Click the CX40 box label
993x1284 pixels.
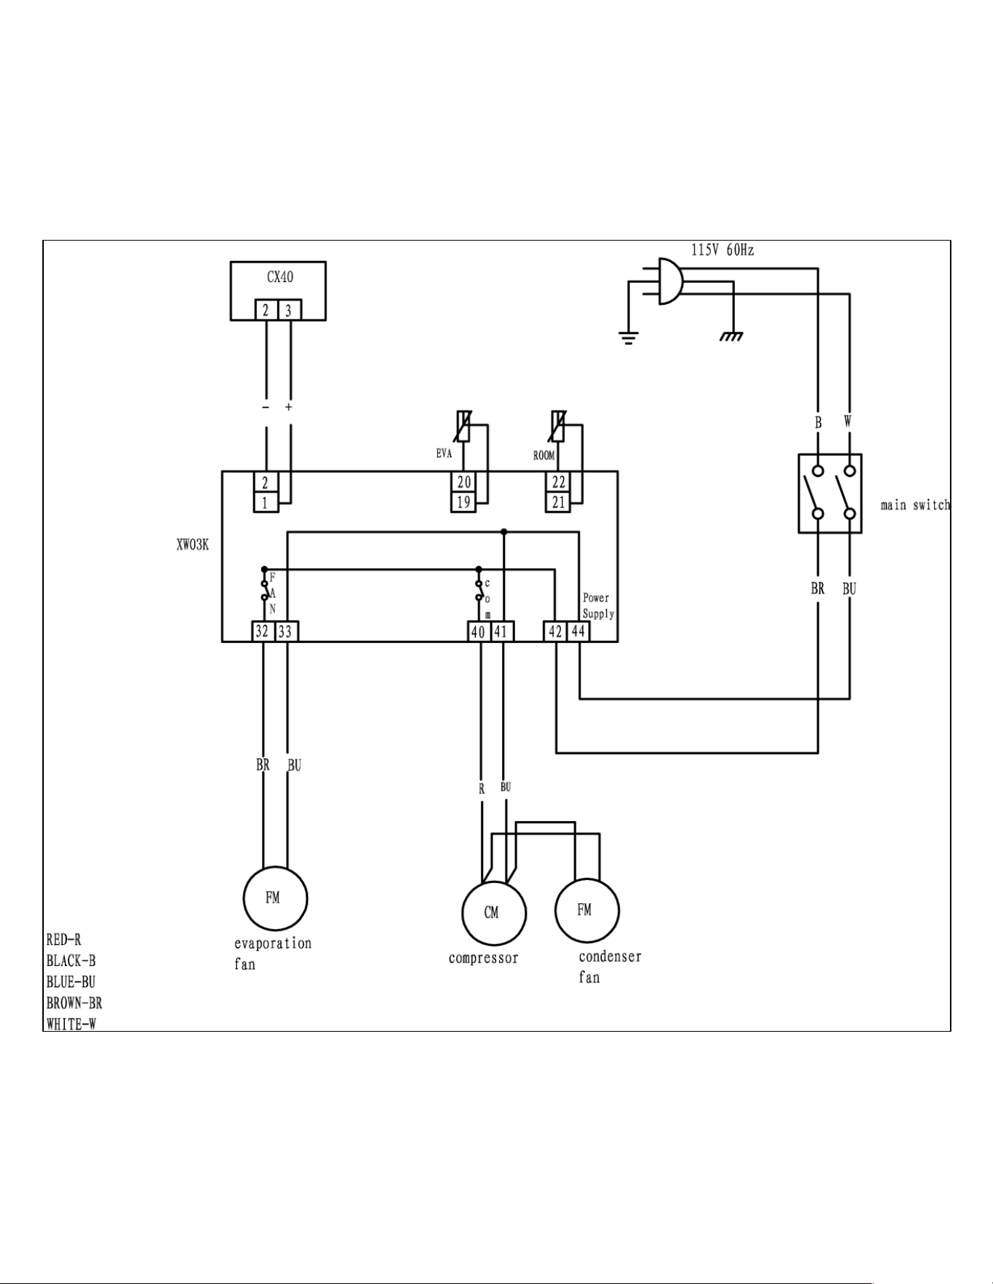(x=279, y=277)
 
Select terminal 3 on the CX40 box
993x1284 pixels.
(x=289, y=310)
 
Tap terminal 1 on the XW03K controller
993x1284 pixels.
(x=266, y=502)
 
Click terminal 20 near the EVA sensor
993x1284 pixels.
(x=464, y=482)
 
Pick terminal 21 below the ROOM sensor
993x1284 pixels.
(x=558, y=502)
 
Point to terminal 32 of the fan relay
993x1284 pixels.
(x=263, y=631)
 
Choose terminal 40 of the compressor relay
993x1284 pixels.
(x=479, y=631)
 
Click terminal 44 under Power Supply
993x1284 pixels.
(x=578, y=631)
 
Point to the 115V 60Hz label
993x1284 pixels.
(x=722, y=250)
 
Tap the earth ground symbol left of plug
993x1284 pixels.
(x=628, y=338)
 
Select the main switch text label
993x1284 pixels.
(x=915, y=505)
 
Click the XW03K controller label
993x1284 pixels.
(x=193, y=545)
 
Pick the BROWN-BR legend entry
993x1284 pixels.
(x=74, y=1003)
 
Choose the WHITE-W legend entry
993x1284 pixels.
(x=71, y=1024)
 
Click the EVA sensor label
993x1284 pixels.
(x=444, y=454)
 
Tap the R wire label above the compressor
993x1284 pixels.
(x=482, y=789)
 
